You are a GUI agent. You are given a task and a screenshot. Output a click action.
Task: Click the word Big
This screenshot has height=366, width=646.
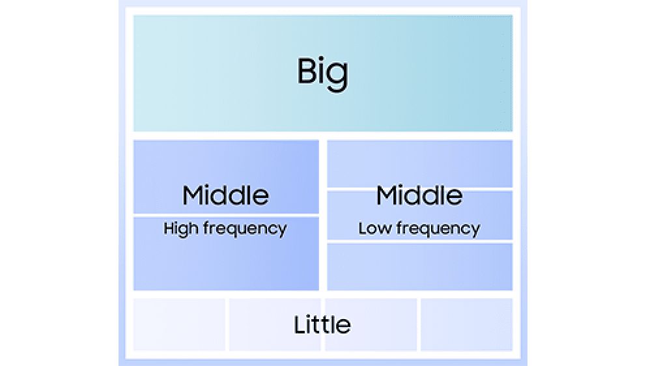coord(322,74)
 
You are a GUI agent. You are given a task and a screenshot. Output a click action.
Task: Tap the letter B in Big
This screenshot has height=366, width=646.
coord(307,70)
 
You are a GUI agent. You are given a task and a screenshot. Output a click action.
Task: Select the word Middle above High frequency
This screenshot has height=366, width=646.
coord(226,195)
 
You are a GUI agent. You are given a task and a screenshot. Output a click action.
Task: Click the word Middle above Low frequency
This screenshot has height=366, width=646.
coord(419,195)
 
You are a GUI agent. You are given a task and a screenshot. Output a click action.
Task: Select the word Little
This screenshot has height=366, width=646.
coord(322,324)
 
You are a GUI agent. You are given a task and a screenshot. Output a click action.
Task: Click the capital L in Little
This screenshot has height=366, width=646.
coord(300,324)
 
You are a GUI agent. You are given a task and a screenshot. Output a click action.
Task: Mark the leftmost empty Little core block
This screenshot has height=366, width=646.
coord(179,324)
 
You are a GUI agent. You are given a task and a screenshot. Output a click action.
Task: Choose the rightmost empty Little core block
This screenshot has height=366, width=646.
coord(466,324)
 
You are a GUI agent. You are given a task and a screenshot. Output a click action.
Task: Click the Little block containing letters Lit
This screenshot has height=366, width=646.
coord(275,324)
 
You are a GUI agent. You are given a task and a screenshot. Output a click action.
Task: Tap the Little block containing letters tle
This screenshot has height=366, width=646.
coord(371,324)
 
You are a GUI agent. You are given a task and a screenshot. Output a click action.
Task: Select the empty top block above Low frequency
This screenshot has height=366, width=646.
coord(419,163)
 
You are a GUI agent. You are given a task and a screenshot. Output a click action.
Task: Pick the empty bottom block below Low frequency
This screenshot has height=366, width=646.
coord(419,266)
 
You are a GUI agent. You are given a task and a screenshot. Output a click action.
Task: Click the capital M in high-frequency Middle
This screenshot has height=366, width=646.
coord(193,195)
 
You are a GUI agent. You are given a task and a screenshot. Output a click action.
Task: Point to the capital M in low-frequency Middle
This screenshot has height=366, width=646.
coord(387,195)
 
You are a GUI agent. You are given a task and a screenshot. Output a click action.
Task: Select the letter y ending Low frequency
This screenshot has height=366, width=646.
coord(475,231)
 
